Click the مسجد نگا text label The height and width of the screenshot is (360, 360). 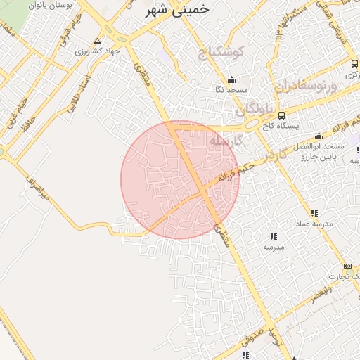pyautogui.click(x=233, y=90)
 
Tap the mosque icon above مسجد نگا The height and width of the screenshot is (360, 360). pyautogui.click(x=232, y=79)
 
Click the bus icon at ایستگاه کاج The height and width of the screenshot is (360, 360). pyautogui.click(x=282, y=115)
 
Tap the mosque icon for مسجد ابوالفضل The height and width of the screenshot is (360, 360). pyautogui.click(x=319, y=136)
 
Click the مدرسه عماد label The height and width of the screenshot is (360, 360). pyautogui.click(x=318, y=223)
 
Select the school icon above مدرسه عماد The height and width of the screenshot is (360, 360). pyautogui.click(x=314, y=212)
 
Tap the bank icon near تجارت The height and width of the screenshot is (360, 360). pyautogui.click(x=347, y=266)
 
